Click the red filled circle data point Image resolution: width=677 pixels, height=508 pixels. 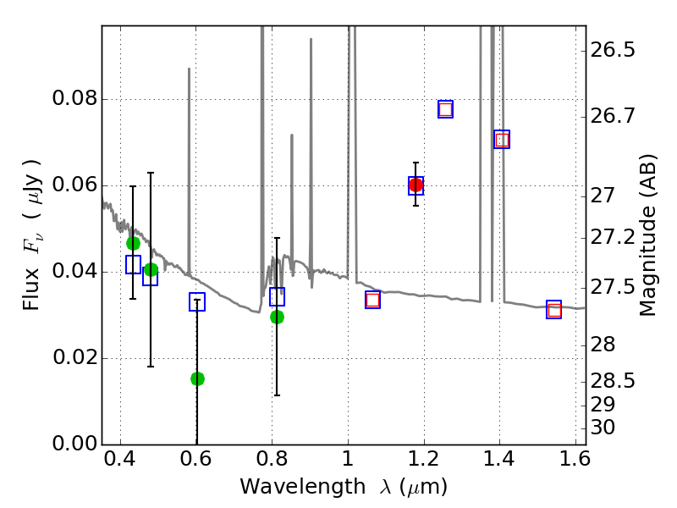(x=416, y=185)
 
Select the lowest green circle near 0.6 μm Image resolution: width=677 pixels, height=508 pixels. (x=197, y=378)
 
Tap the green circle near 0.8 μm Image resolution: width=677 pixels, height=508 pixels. (x=277, y=317)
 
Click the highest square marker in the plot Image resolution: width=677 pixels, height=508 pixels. (x=445, y=109)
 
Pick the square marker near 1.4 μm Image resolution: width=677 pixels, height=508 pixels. (x=502, y=140)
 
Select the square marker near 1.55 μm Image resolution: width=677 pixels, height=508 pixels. (x=554, y=310)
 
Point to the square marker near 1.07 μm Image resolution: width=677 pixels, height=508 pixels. (x=372, y=300)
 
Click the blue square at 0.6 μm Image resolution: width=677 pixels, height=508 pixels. (x=197, y=302)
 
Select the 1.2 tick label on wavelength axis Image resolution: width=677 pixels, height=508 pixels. (x=423, y=463)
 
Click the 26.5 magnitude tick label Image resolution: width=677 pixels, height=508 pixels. (x=614, y=51)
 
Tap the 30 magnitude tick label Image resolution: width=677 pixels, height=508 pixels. (x=603, y=428)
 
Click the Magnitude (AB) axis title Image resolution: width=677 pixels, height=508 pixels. (x=648, y=235)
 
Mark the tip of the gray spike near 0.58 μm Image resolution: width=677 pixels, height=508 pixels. (x=189, y=69)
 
